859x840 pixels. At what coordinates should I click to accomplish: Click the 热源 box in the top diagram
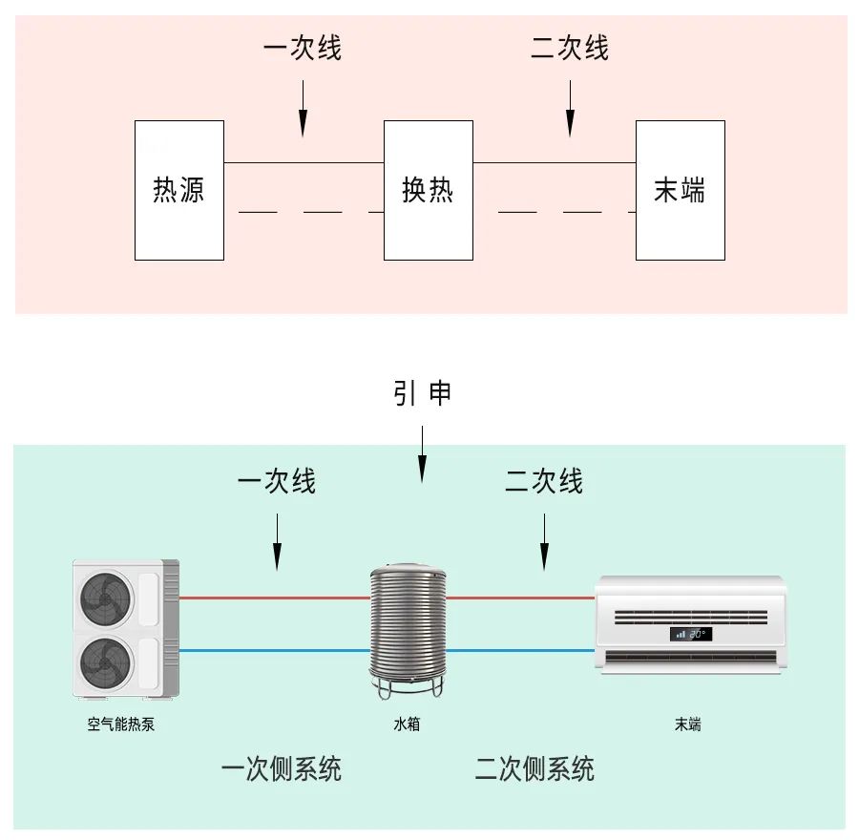pyautogui.click(x=179, y=190)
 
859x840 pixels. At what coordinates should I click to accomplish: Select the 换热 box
pyautogui.click(x=428, y=190)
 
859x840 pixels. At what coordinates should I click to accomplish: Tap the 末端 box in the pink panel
pyautogui.click(x=680, y=190)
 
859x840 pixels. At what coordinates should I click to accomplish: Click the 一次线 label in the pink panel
pyautogui.click(x=302, y=49)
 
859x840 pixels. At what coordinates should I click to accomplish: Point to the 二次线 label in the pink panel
pyautogui.click(x=570, y=49)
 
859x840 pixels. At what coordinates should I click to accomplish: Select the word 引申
pyautogui.click(x=422, y=393)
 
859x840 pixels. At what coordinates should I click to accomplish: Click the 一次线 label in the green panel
pyautogui.click(x=277, y=482)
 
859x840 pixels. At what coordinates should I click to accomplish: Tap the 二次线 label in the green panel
pyautogui.click(x=544, y=482)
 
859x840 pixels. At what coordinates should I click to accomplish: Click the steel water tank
pyautogui.click(x=408, y=625)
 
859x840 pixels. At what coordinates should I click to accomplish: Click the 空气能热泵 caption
pyautogui.click(x=121, y=724)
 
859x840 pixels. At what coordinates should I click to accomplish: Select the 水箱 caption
pyautogui.click(x=407, y=724)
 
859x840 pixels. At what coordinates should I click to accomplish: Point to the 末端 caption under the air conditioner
pyautogui.click(x=687, y=724)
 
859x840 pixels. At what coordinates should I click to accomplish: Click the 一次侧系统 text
pyautogui.click(x=282, y=769)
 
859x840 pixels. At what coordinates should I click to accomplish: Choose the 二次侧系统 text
pyautogui.click(x=534, y=769)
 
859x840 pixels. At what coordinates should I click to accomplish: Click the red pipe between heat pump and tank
pyautogui.click(x=275, y=598)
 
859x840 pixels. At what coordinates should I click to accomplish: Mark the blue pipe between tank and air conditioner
pyautogui.click(x=521, y=651)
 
